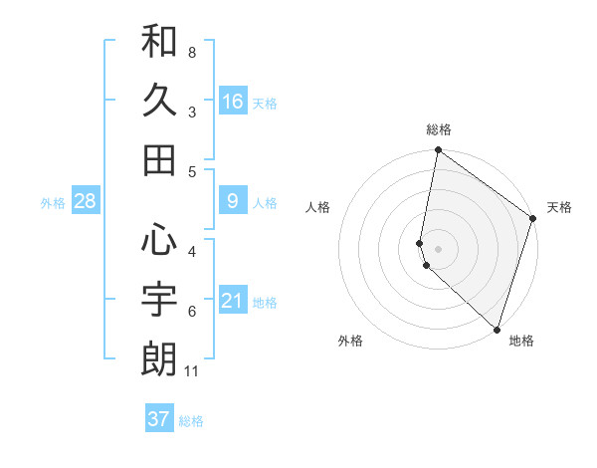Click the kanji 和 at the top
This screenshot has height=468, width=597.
pos(159,42)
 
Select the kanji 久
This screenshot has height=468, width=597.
pos(159,100)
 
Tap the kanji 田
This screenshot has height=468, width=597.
pos(159,159)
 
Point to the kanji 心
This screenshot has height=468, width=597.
pos(159,239)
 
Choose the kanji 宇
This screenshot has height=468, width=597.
pos(159,298)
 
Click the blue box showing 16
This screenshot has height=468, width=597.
pos(233,101)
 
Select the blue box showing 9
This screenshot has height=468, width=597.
pos(233,202)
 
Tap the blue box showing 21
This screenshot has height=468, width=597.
pos(233,301)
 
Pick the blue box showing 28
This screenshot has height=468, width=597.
pos(86,202)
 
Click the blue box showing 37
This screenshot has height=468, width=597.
pos(159,419)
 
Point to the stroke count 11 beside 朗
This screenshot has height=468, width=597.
pos(194,371)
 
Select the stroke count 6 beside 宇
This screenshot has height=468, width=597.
pos(192,311)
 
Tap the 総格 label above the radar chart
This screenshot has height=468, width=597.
pos(439,129)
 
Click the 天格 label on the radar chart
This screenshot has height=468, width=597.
pos(559,207)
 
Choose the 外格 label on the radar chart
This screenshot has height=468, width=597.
pos(350,341)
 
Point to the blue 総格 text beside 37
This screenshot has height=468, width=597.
pos(191,421)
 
